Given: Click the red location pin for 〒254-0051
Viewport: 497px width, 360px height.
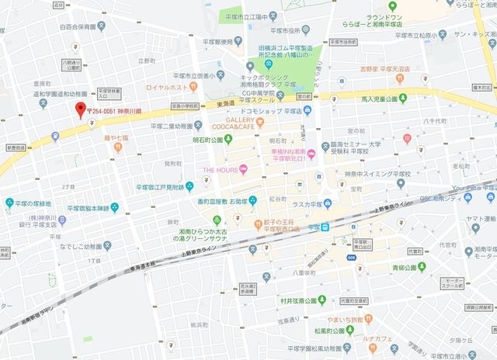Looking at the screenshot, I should click(78, 110).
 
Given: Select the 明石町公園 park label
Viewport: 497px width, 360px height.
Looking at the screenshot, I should click(207, 140).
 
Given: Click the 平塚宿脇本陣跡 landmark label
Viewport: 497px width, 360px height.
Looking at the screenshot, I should click(89, 208).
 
